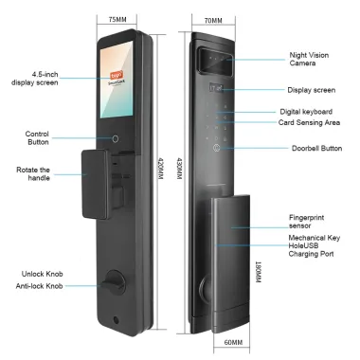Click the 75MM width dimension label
(x=117, y=19)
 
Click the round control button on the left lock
(x=117, y=137)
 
